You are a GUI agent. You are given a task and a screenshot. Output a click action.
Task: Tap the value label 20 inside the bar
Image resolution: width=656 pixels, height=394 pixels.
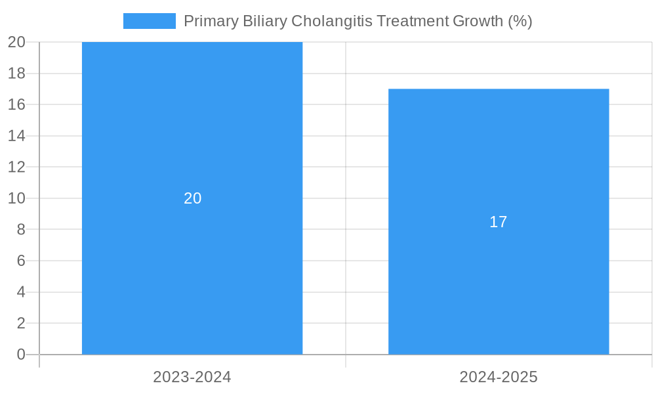click(192, 198)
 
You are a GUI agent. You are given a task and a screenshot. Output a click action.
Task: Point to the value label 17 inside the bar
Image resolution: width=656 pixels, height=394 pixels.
click(499, 222)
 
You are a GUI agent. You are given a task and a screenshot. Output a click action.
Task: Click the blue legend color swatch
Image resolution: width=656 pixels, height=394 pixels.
click(149, 21)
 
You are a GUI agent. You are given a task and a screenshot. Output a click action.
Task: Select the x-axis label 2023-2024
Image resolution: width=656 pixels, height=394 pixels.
click(192, 377)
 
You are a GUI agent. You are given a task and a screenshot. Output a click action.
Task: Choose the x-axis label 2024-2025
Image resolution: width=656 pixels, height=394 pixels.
click(499, 377)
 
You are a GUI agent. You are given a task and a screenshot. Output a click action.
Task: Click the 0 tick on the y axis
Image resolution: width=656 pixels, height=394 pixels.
click(21, 355)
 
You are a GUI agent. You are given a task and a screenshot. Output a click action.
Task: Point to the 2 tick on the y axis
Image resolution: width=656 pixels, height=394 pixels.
click(21, 323)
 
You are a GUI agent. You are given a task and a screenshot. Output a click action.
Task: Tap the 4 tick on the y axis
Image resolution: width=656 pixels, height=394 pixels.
click(21, 292)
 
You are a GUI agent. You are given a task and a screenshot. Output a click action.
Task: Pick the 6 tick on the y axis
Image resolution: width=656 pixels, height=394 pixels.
click(21, 261)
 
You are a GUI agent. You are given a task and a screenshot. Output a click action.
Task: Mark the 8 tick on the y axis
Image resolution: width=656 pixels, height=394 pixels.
click(21, 229)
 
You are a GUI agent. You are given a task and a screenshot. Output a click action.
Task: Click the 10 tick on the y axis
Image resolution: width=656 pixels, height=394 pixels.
click(17, 198)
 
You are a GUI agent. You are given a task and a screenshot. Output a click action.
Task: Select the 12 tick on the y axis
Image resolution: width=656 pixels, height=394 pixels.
click(17, 167)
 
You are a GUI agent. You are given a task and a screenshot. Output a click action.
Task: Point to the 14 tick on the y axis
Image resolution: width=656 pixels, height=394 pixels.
click(17, 136)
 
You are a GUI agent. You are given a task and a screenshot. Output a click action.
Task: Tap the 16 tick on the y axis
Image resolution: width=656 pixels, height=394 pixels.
click(17, 104)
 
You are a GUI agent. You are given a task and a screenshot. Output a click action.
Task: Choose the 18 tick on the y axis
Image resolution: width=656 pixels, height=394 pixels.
click(17, 74)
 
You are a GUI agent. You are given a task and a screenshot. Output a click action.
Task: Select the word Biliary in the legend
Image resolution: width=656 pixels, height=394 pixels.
click(264, 21)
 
